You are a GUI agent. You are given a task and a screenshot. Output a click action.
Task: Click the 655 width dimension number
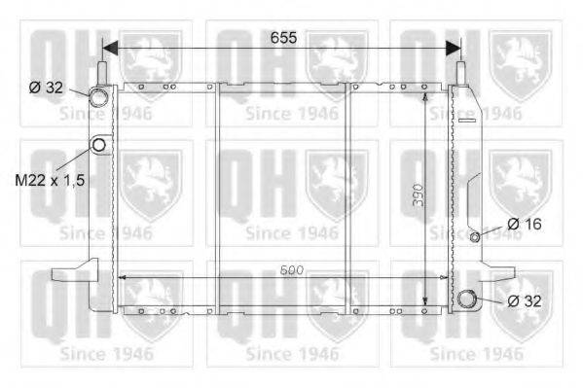pyautogui.click(x=283, y=38)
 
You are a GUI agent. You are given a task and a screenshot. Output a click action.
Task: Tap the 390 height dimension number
pyautogui.click(x=419, y=195)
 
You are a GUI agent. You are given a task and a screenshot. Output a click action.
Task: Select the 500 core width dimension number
pyautogui.click(x=292, y=270)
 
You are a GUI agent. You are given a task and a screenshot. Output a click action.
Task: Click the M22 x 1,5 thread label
pyautogui.click(x=50, y=180)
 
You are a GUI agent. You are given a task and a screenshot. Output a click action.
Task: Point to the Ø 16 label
pyautogui.click(x=525, y=224)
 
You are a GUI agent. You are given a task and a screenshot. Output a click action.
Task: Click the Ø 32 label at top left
pyautogui.click(x=46, y=88)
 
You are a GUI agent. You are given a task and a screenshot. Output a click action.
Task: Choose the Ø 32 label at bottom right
pyautogui.click(x=525, y=301)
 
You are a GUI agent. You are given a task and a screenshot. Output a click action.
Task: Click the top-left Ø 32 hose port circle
pyautogui.click(x=99, y=96)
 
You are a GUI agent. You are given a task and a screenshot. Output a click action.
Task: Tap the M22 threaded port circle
pyautogui.click(x=99, y=145)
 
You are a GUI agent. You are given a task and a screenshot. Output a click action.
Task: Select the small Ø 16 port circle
pyautogui.click(x=475, y=236)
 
